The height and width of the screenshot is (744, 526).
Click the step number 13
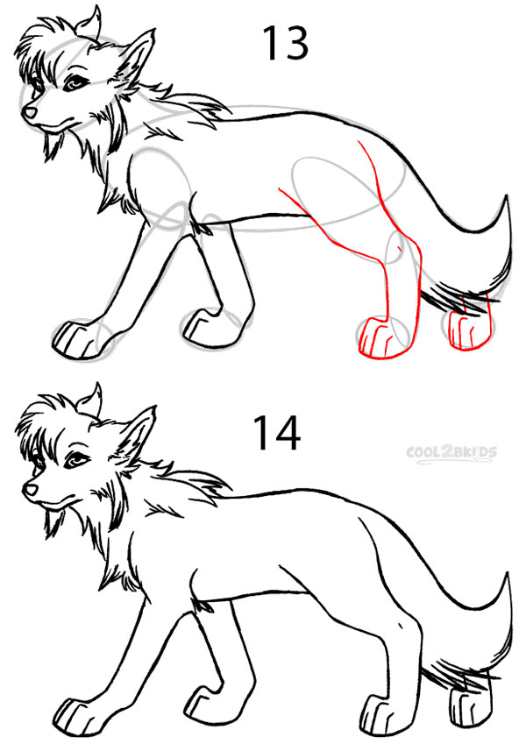[x=285, y=43]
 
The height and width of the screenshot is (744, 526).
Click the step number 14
[x=277, y=433]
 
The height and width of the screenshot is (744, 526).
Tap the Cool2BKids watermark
[x=451, y=452]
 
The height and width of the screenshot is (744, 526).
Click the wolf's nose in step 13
[x=30, y=112]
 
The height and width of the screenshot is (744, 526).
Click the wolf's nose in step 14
[x=31, y=489]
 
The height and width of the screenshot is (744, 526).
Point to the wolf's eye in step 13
[x=74, y=83]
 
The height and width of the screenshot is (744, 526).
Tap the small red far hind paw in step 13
[x=467, y=331]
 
